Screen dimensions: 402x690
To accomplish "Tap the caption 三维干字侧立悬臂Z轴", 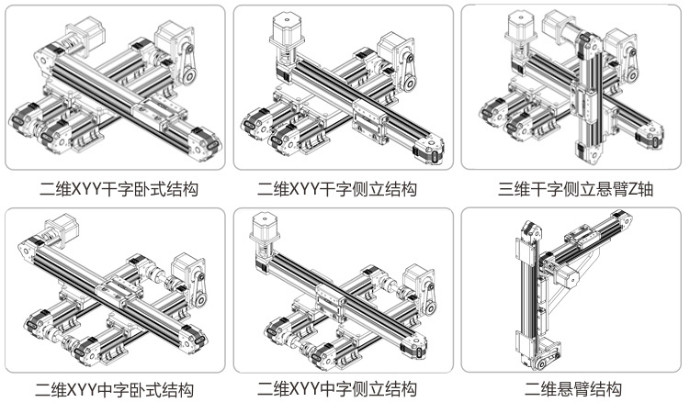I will point(571,190).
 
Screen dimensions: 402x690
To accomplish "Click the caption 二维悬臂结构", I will point(573,388).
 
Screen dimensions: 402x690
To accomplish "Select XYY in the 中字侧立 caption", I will point(308,388).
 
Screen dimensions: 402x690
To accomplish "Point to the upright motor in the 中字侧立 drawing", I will point(263,234).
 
